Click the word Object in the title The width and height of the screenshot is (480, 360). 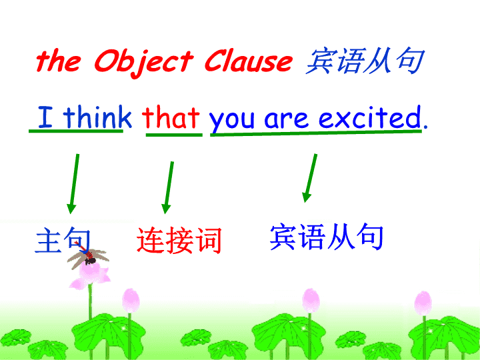pyautogui.click(x=144, y=62)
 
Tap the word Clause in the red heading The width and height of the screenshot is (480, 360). pyautogui.click(x=248, y=60)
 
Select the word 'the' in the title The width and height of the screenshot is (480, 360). pyautogui.click(x=59, y=60)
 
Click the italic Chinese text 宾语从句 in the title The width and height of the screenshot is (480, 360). pyautogui.click(x=365, y=61)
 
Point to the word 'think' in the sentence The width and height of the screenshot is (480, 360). pyautogui.click(x=97, y=117)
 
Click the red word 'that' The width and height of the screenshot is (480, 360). pyautogui.click(x=171, y=117)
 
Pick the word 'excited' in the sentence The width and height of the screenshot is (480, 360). pyautogui.click(x=370, y=117)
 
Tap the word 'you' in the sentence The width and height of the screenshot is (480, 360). pyautogui.click(x=232, y=120)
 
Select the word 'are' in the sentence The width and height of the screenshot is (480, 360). pyautogui.click(x=286, y=119)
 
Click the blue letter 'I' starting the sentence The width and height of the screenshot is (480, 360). pyautogui.click(x=45, y=117)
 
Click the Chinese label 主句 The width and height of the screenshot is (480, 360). pyautogui.click(x=63, y=240)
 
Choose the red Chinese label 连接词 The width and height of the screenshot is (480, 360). pyautogui.click(x=179, y=241)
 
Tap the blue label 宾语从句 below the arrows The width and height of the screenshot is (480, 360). pyautogui.click(x=327, y=237)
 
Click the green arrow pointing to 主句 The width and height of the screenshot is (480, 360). pyautogui.click(x=74, y=184)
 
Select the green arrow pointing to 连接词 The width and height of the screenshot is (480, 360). pyautogui.click(x=169, y=187)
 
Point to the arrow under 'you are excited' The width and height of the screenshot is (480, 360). pyautogui.click(x=310, y=178)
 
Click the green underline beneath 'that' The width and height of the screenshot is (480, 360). pyautogui.click(x=174, y=135)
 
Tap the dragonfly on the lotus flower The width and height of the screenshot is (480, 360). pyautogui.click(x=88, y=257)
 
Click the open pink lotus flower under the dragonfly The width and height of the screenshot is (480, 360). pyautogui.click(x=90, y=275)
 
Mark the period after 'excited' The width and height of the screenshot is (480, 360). pyautogui.click(x=425, y=126)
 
